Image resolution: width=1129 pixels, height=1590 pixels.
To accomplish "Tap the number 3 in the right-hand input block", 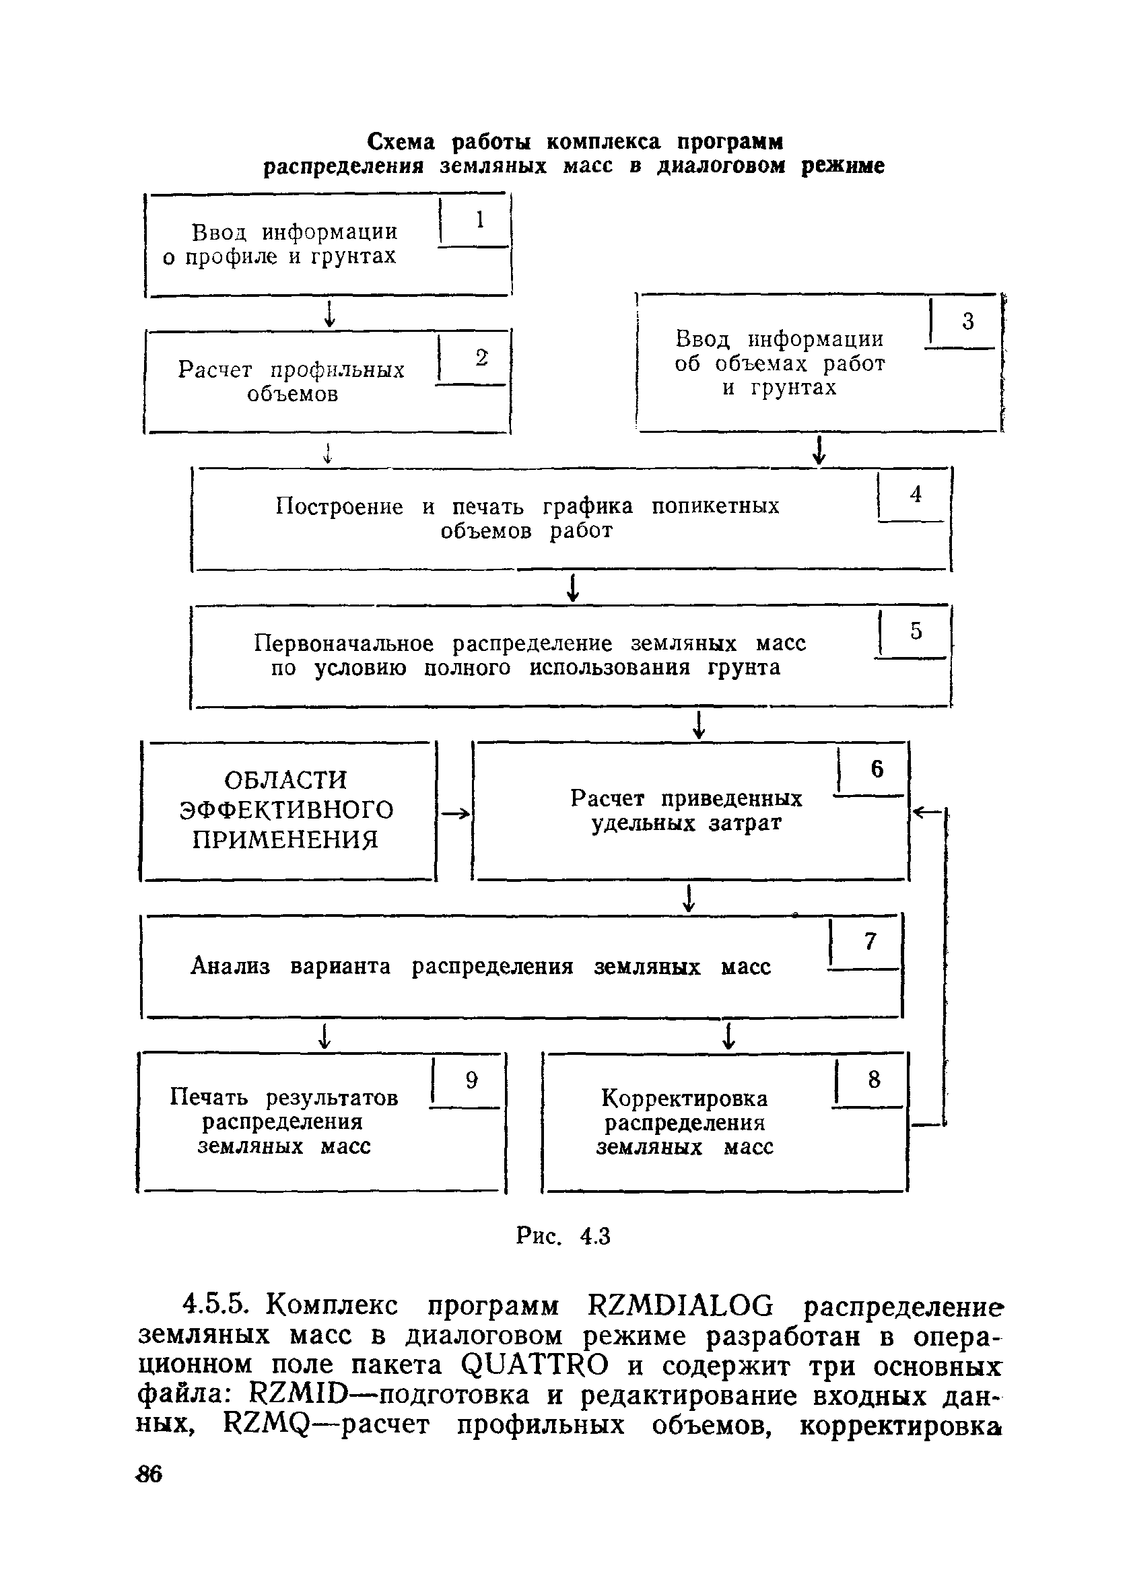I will pos(967,321).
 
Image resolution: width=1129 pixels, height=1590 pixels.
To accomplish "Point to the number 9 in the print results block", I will pos(471,1079).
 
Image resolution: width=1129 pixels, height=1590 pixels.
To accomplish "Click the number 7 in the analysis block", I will pos(870,941).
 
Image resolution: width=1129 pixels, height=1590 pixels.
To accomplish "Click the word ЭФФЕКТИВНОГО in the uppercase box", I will pos(286,810).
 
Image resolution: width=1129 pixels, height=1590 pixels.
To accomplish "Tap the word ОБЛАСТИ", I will pos(285,780).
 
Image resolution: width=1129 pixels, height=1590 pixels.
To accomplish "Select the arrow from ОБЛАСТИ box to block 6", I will pos(455,813).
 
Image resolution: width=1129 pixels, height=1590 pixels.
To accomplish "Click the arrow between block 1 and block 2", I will pos(329,314).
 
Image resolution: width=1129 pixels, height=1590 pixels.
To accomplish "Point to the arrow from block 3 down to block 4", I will pos(819,450).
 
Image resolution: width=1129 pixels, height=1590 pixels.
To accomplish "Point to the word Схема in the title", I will pos(401,142).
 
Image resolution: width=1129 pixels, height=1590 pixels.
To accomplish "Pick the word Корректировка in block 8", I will pos(684,1099).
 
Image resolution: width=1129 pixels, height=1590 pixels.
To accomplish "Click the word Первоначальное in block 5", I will pos(343,644).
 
